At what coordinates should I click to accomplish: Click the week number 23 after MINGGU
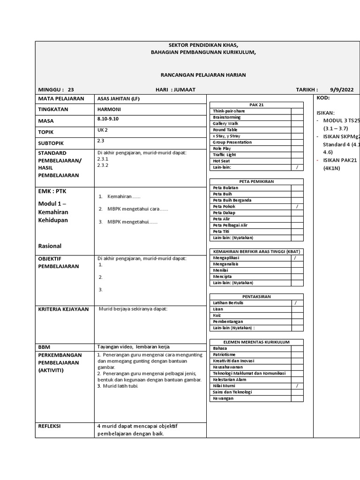tap(71, 90)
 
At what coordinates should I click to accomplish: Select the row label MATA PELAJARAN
tap(61, 99)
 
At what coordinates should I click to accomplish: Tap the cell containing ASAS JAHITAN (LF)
tap(118, 99)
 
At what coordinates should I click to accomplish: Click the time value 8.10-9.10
tap(108, 119)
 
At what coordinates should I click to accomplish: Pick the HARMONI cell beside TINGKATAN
tap(109, 109)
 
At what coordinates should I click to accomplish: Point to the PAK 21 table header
tap(257, 105)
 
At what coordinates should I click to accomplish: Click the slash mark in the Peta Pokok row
tap(297, 206)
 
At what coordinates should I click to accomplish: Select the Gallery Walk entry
tap(225, 123)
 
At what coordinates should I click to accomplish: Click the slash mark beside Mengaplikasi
tap(295, 258)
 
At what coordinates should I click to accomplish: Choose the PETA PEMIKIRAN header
tap(256, 181)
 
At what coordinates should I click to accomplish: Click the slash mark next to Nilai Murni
tap(297, 386)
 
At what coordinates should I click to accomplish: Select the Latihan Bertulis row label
tap(228, 303)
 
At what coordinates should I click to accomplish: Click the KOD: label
tap(323, 98)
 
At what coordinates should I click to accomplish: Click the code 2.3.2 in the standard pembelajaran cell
tap(102, 165)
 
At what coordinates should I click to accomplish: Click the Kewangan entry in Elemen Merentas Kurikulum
tap(223, 398)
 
